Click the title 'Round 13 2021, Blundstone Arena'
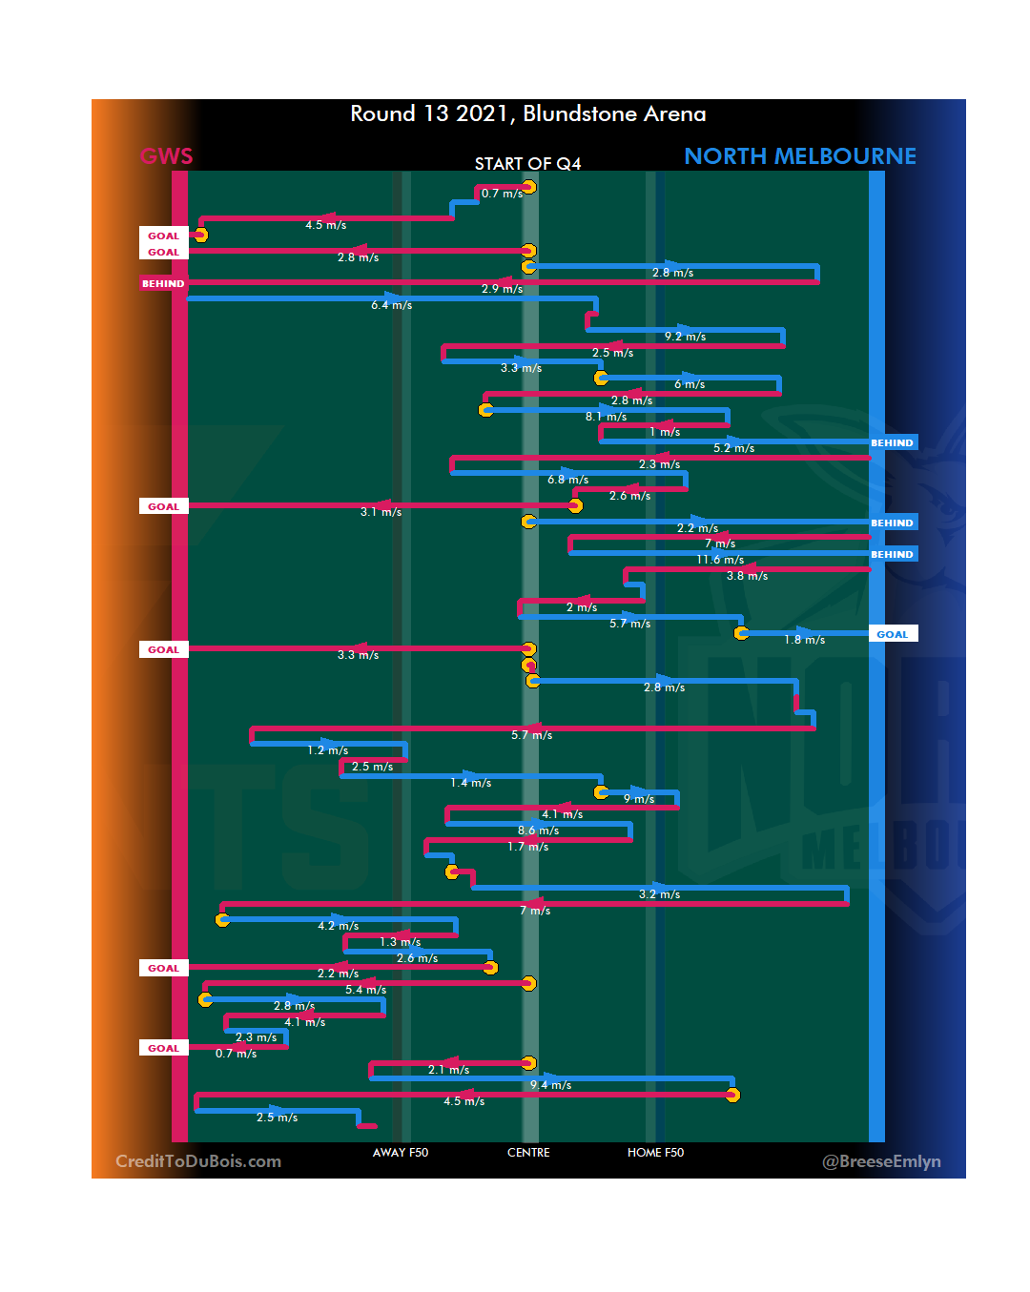(x=527, y=114)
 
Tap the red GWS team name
(x=166, y=156)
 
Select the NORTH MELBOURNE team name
(x=799, y=156)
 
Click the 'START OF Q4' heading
(x=527, y=164)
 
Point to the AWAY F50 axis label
(x=401, y=1153)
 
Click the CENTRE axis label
(x=528, y=1153)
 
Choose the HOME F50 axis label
(x=655, y=1153)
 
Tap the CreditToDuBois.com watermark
(x=198, y=1161)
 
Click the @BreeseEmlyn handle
(x=881, y=1161)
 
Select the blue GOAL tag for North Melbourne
(x=893, y=634)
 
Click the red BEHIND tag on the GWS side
(x=163, y=283)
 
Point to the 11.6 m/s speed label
(x=720, y=560)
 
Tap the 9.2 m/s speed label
(x=686, y=337)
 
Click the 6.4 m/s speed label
(x=392, y=305)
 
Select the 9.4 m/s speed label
(x=551, y=1085)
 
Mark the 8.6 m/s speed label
(x=538, y=831)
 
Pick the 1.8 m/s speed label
(x=804, y=640)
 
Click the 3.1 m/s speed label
(x=381, y=512)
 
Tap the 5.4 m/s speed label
(x=366, y=990)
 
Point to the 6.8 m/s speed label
(x=567, y=480)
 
